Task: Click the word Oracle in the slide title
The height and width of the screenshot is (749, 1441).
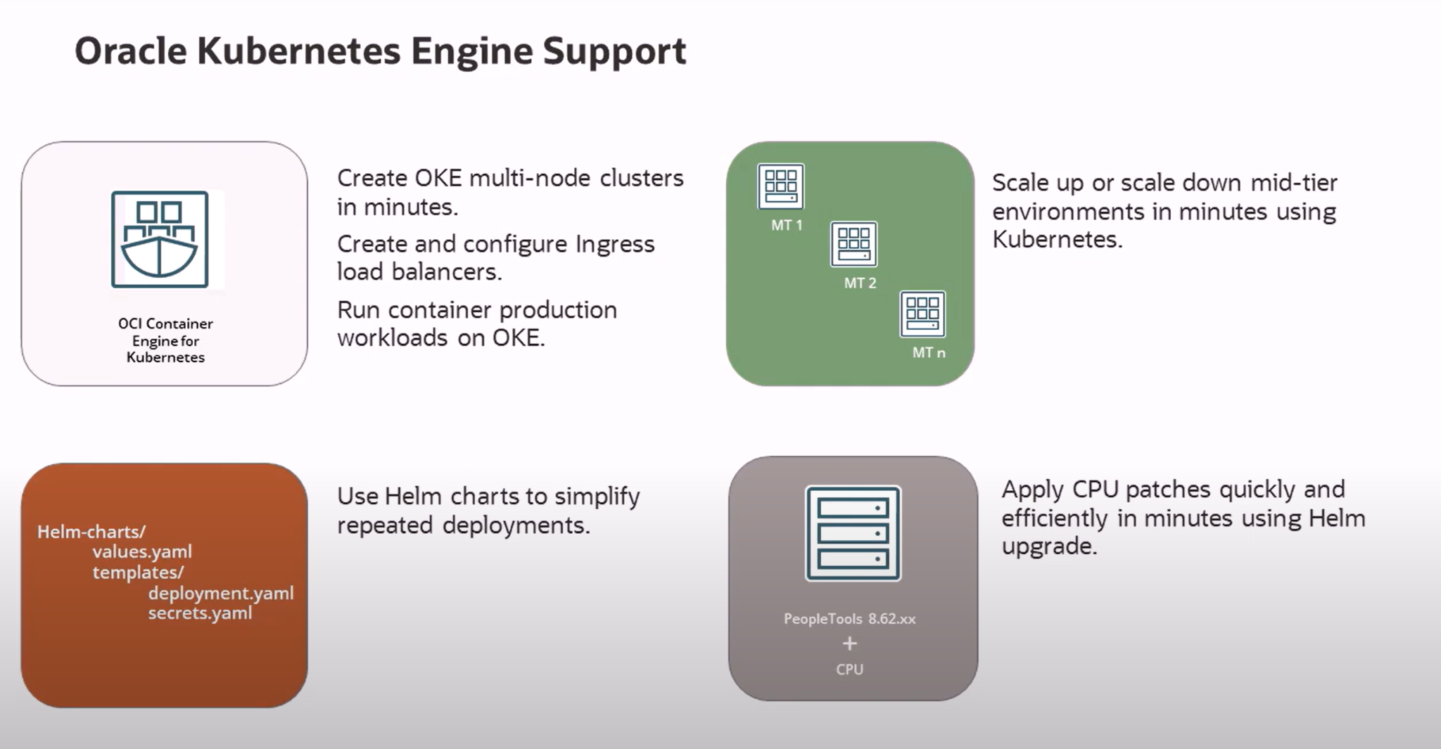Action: coord(130,51)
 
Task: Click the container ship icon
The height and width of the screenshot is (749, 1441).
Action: coord(160,239)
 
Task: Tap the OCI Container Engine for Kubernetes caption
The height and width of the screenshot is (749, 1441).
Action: coord(165,340)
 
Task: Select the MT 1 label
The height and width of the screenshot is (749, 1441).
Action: coord(787,225)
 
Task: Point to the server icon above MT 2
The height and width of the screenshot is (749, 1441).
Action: coord(853,244)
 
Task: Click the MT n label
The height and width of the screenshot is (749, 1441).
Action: coord(929,353)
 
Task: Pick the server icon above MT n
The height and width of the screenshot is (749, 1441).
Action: coord(922,314)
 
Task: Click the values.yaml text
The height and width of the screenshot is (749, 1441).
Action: coord(142,552)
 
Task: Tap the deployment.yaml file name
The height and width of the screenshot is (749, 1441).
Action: coord(220,593)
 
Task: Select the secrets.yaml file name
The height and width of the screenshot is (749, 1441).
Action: coord(200,613)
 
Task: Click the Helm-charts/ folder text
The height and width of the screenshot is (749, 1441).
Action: coord(91,532)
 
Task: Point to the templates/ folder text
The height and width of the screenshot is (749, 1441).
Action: coord(138,572)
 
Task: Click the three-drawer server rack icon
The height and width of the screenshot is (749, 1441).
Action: coord(853,533)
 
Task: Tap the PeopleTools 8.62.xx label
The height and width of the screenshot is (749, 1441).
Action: coord(849,619)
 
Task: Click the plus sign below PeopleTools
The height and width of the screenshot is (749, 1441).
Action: coord(850,644)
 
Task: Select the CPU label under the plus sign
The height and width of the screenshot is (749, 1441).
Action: coord(849,670)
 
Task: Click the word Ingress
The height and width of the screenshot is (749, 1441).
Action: coord(615,244)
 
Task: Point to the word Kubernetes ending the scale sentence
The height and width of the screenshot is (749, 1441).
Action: coord(1056,240)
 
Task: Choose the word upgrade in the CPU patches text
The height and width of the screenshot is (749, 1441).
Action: coord(1048,546)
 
